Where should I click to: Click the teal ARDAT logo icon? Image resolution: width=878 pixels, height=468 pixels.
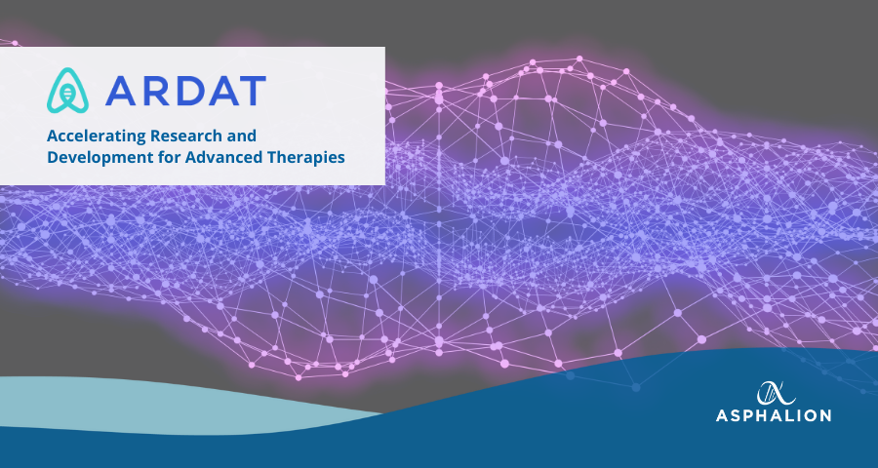[67, 91]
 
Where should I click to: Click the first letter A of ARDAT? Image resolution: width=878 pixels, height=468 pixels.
[120, 91]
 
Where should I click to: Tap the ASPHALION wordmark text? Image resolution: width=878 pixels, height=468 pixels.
[774, 415]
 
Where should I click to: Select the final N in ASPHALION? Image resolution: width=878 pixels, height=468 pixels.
[824, 415]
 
